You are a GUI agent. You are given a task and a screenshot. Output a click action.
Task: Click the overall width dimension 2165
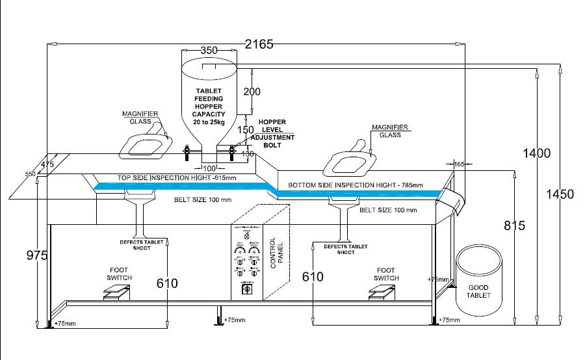click(259, 44)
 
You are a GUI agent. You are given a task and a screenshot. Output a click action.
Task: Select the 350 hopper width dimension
click(209, 51)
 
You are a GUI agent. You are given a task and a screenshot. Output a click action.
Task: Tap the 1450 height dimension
click(560, 194)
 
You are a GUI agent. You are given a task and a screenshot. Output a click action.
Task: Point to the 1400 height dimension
click(538, 154)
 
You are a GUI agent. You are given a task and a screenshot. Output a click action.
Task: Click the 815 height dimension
click(515, 225)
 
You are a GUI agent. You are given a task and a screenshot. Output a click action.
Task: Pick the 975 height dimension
click(38, 256)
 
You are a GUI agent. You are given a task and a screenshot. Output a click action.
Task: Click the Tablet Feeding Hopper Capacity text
click(209, 107)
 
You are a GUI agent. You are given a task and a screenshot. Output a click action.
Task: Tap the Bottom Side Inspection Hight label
click(356, 185)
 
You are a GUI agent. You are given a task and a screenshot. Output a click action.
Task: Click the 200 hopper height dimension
click(252, 92)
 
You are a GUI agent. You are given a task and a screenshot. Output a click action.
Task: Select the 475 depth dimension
click(47, 164)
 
